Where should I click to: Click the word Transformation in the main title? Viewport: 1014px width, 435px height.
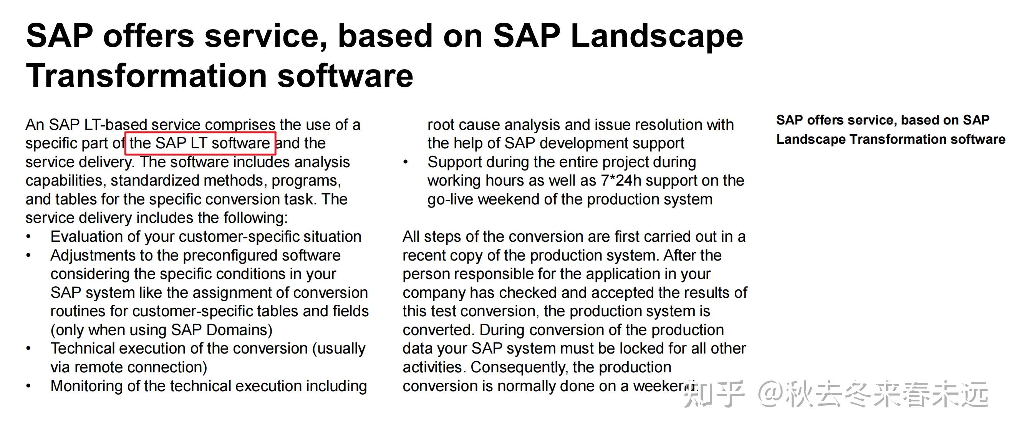(x=146, y=76)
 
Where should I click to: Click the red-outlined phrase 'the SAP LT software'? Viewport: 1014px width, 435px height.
(x=200, y=143)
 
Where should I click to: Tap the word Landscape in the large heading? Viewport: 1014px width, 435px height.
(x=656, y=36)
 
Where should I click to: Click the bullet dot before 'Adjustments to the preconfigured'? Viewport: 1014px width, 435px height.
(x=28, y=256)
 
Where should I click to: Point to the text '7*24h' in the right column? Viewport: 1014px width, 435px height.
(x=621, y=181)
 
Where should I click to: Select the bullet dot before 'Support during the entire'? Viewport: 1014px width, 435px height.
(x=406, y=162)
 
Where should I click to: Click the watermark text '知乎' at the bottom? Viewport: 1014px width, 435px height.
(x=714, y=394)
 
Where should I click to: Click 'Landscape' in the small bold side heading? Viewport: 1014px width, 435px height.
(x=810, y=139)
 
